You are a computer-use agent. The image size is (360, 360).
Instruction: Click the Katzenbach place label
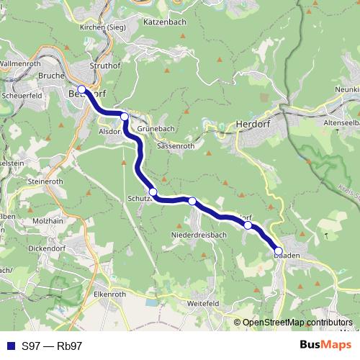(165, 22)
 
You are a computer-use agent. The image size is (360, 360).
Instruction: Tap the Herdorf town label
(251, 125)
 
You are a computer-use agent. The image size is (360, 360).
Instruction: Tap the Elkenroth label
(110, 294)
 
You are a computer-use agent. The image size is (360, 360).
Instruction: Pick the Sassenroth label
(176, 145)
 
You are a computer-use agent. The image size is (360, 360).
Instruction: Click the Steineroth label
(45, 182)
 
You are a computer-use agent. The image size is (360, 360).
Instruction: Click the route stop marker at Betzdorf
(81, 90)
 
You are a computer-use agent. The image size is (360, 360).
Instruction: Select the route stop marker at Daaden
(278, 251)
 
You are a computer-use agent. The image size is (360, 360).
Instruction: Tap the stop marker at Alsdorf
(125, 117)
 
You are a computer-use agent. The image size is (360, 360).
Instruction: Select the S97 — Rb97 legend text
(52, 346)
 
